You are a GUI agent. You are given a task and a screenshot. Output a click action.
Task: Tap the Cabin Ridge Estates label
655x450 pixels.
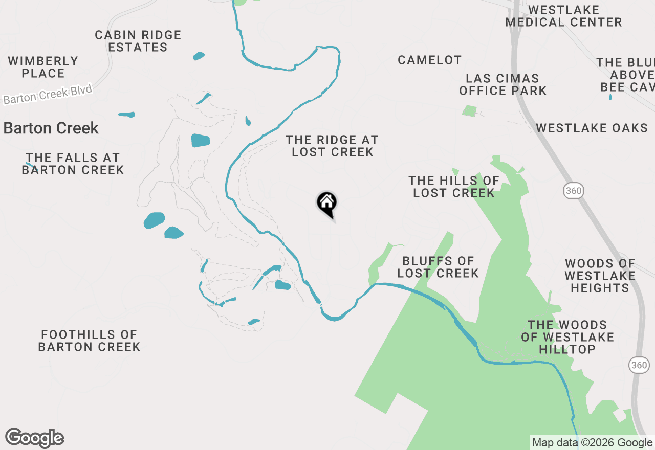coord(138,41)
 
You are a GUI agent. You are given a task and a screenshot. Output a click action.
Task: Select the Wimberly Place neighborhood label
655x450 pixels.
coord(43,67)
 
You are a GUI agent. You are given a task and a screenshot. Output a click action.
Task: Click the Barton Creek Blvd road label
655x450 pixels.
coord(48,95)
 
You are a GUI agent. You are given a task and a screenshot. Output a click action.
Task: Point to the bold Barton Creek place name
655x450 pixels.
coord(51,128)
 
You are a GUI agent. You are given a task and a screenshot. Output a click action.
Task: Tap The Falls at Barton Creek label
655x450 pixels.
coord(73,164)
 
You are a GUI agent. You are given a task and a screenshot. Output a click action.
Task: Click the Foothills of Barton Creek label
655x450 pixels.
coord(90,341)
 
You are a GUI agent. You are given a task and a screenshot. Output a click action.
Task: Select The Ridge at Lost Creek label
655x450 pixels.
coord(332,146)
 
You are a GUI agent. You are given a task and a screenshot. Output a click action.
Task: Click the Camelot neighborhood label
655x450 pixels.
coord(430,60)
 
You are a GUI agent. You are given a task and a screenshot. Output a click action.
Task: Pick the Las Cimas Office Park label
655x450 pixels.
coord(503,84)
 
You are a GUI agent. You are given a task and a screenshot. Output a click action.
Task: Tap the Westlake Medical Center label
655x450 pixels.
coord(563,16)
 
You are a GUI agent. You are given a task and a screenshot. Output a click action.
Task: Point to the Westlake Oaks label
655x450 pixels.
coord(592,128)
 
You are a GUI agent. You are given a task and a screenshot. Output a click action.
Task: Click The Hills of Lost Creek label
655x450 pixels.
coord(454,187)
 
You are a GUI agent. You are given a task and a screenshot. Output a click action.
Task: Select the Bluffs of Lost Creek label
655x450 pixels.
coord(438,267)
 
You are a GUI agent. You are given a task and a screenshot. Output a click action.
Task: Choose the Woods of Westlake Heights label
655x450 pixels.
coord(600,276)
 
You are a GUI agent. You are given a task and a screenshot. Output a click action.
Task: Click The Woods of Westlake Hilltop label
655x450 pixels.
coord(567,337)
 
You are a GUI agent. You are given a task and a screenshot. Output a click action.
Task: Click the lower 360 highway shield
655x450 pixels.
coord(639,365)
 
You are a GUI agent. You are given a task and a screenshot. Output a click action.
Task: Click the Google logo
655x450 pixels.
coord(35,438)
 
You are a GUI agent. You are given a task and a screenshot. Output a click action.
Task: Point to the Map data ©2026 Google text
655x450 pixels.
coord(593,443)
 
